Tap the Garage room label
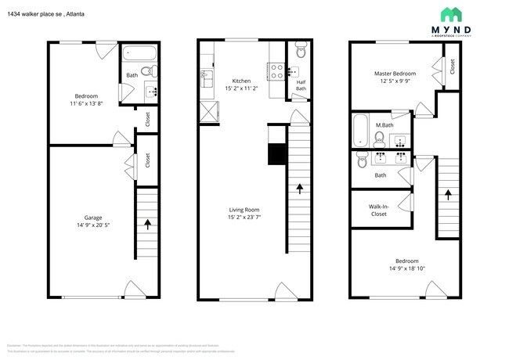93,218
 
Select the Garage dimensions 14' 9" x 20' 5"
93,225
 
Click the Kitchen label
240,81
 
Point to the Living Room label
244,209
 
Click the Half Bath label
301,85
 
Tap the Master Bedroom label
395,74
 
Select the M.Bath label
384,125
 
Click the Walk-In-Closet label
379,209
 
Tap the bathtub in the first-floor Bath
140,56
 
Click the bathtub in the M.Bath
360,131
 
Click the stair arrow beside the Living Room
300,187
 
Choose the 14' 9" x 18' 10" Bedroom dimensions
406,269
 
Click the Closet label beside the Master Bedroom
453,68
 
